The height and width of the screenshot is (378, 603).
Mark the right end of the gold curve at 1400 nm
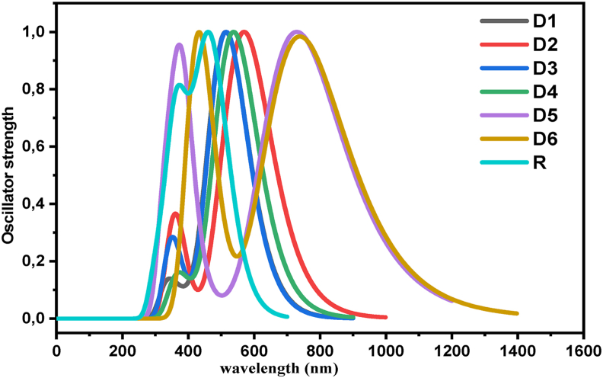coord(517,313)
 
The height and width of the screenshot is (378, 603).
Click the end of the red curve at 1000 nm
coord(385,317)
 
